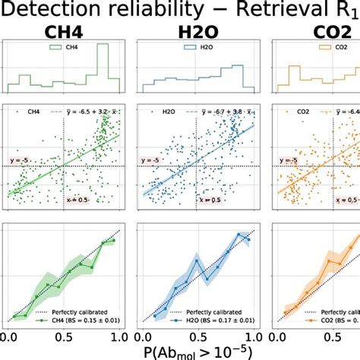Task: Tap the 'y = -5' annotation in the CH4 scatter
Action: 18,161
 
